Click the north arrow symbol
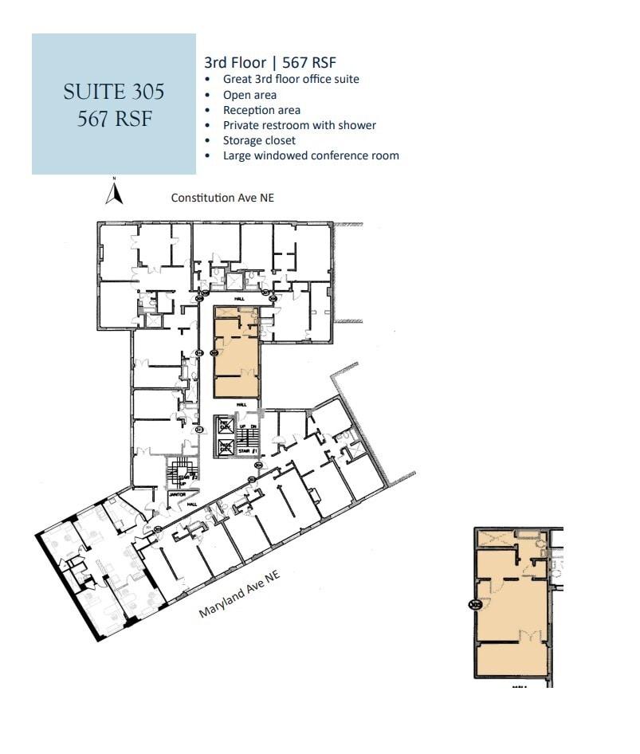coord(114,192)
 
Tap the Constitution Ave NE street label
coord(222,198)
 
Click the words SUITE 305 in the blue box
coord(114,92)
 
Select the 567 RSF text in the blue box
coord(114,119)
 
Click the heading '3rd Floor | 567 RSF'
coord(275,63)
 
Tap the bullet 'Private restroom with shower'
coord(299,125)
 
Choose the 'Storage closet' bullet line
coord(259,140)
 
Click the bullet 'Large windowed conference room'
coord(311,155)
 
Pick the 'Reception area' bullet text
coord(261,110)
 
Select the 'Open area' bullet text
coord(249,95)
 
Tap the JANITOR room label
coord(178,494)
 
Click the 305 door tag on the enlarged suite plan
coord(477,605)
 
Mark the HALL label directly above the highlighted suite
coord(238,300)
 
